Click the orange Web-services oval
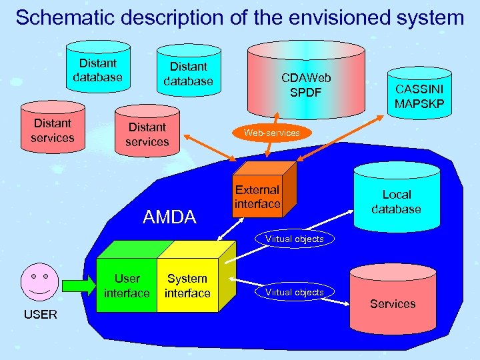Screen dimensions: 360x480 tap(271, 133)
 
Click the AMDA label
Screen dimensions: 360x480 tap(170, 217)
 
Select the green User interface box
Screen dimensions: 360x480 tap(127, 285)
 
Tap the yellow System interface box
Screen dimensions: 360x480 tap(187, 285)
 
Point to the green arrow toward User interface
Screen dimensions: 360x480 tap(79, 285)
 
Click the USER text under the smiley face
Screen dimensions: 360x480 tap(41, 314)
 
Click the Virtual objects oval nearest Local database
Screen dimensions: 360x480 tap(294, 239)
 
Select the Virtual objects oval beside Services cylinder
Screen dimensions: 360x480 tap(294, 292)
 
